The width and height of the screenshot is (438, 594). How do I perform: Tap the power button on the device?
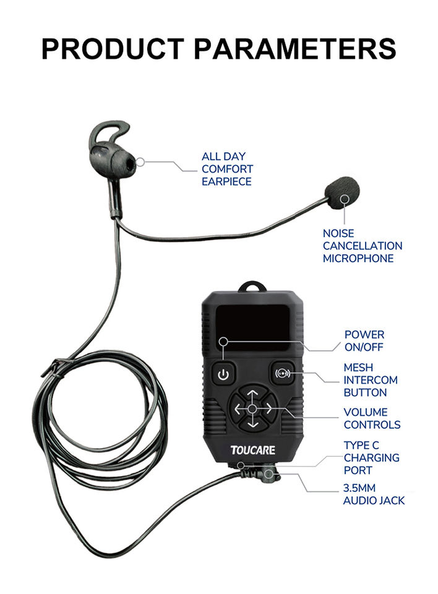tap(224, 374)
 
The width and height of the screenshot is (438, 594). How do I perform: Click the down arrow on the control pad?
tap(252, 425)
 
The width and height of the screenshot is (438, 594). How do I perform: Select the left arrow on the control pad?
tap(238, 409)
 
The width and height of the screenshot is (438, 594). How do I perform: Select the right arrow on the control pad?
tap(267, 409)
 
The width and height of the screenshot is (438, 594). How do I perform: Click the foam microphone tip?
tap(343, 192)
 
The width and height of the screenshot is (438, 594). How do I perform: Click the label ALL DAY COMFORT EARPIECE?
tap(227, 169)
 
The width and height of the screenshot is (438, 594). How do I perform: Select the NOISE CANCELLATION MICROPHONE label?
tap(362, 246)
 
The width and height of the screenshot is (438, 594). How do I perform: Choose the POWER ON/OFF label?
tap(364, 341)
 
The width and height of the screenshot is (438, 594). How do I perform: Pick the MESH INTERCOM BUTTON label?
tap(370, 380)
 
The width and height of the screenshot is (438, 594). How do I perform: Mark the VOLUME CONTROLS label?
tap(371, 418)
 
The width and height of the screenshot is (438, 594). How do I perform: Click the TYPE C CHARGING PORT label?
tap(371, 458)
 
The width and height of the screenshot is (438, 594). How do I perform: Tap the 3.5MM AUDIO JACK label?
tap(374, 494)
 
